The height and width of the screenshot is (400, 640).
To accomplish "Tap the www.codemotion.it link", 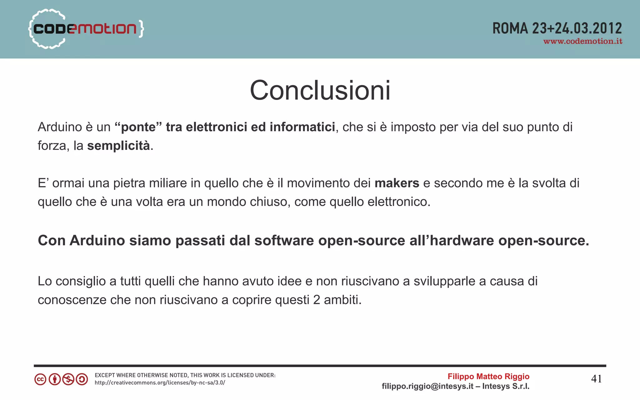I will click(x=582, y=42).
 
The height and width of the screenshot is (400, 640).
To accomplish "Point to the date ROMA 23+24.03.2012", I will click(x=557, y=28).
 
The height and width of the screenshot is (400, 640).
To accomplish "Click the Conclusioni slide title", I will click(x=320, y=91).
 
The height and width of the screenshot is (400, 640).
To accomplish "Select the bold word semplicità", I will click(x=118, y=146).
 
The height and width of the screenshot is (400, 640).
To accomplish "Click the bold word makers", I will click(x=397, y=183).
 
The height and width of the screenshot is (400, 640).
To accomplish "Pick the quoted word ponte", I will click(x=138, y=127).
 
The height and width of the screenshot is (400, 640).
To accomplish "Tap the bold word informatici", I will click(x=302, y=127).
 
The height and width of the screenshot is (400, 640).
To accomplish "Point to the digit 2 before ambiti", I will click(x=317, y=300).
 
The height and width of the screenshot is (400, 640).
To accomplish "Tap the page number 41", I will click(x=596, y=379).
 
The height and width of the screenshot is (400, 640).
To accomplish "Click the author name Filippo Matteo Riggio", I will click(x=488, y=377).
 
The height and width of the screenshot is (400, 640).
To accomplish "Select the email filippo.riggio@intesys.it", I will click(x=427, y=387).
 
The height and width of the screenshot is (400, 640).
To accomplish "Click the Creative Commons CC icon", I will click(x=40, y=379).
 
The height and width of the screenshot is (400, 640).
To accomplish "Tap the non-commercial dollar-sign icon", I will click(x=68, y=379).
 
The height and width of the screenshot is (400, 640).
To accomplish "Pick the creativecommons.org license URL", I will click(x=160, y=383).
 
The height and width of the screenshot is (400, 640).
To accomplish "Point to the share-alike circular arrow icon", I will click(x=82, y=379).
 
